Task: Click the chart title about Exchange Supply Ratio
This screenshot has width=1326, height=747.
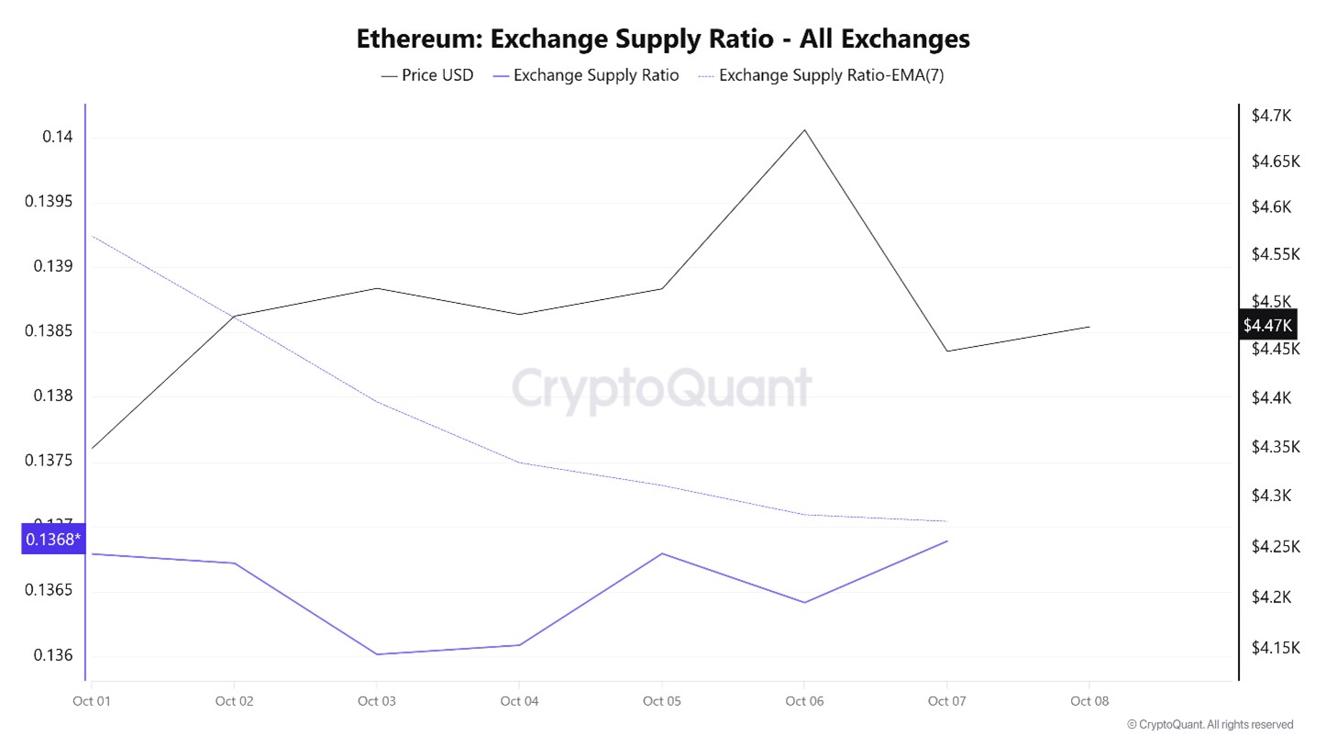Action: (662, 39)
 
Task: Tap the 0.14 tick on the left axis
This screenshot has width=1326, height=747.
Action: (57, 137)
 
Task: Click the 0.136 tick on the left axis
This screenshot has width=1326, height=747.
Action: (52, 655)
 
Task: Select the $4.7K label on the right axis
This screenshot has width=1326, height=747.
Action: (1271, 116)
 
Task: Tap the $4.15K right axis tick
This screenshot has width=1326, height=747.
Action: (1276, 648)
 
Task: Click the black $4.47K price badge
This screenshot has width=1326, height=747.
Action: (1267, 325)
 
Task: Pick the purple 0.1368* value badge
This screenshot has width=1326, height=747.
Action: (52, 539)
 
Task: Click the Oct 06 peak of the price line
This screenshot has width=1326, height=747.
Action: (804, 129)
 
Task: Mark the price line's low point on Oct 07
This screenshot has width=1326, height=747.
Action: (946, 351)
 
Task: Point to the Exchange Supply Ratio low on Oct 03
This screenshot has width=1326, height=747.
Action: (376, 654)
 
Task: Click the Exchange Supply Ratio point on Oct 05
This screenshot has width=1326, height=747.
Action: (661, 553)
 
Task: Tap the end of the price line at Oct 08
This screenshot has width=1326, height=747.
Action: (1089, 327)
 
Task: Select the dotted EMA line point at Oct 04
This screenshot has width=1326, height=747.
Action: (519, 463)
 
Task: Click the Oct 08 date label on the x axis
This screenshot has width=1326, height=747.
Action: (1089, 701)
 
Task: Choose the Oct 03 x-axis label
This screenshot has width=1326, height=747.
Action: (376, 701)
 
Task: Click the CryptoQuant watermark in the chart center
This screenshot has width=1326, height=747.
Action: (661, 389)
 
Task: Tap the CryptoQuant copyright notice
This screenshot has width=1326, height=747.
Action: (1210, 725)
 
